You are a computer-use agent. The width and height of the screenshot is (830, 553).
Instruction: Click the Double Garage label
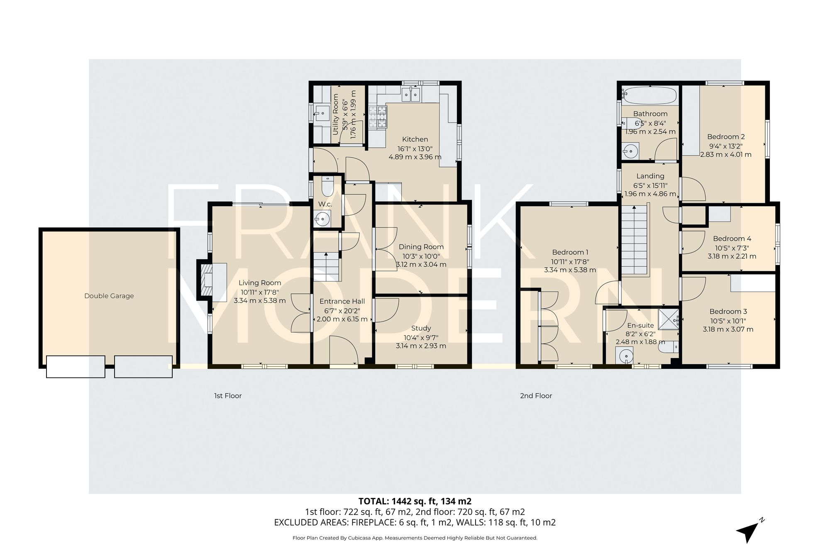(x=109, y=296)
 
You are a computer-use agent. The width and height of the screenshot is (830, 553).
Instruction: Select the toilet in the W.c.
(x=327, y=187)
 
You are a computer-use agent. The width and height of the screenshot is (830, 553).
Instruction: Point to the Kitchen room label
(x=415, y=139)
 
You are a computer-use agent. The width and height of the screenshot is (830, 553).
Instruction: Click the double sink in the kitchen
(x=411, y=95)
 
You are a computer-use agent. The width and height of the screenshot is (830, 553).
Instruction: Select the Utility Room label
(x=336, y=114)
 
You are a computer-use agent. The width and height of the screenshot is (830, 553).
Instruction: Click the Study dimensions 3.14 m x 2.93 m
(x=421, y=346)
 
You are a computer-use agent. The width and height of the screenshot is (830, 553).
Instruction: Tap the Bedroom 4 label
(x=732, y=239)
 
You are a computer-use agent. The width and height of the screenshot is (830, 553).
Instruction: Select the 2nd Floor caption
(x=536, y=396)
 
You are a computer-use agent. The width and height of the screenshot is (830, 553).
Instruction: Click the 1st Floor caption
(x=227, y=396)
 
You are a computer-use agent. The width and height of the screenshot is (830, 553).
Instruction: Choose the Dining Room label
(x=421, y=247)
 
